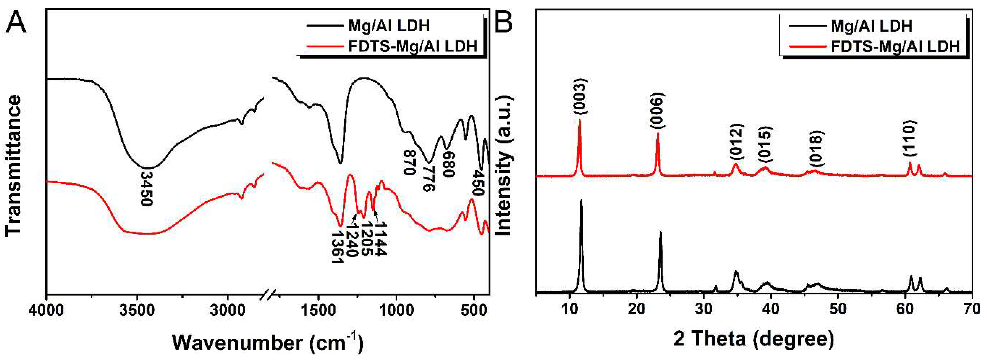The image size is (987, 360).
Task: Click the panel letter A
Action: tap(16, 22)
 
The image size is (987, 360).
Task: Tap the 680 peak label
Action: tap(449, 163)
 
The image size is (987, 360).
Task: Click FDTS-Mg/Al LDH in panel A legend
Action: tap(413, 46)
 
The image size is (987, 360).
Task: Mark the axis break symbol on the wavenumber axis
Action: tap(269, 295)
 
